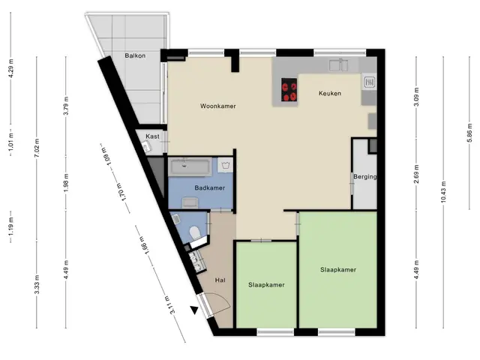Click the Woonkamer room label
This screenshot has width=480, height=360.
(x=218, y=106)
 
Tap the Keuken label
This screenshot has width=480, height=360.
(x=330, y=93)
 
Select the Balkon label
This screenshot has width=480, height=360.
(x=135, y=55)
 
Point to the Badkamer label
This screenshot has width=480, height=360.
(x=210, y=188)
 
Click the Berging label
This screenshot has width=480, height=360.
(x=365, y=177)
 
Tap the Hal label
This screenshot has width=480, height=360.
(x=220, y=280)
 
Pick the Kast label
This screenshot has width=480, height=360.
(x=152, y=136)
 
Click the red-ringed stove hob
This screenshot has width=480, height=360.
(x=289, y=90)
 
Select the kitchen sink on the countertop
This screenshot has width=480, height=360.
(x=338, y=65)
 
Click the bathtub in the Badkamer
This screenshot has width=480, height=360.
(x=190, y=167)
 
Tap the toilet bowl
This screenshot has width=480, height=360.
(x=195, y=232)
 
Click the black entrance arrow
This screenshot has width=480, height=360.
(x=194, y=310)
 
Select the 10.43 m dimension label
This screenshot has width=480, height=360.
(x=443, y=192)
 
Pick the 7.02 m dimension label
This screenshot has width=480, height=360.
(x=37, y=148)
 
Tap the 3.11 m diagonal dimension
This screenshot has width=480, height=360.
(x=169, y=305)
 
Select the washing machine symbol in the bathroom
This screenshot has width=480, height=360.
(x=225, y=166)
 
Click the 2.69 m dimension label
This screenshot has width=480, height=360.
(x=416, y=175)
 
